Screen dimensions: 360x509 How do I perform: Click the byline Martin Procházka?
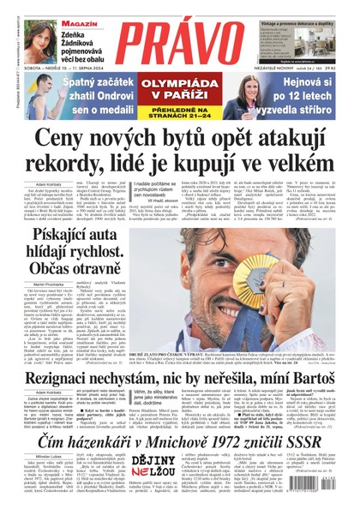pos(34,284)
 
